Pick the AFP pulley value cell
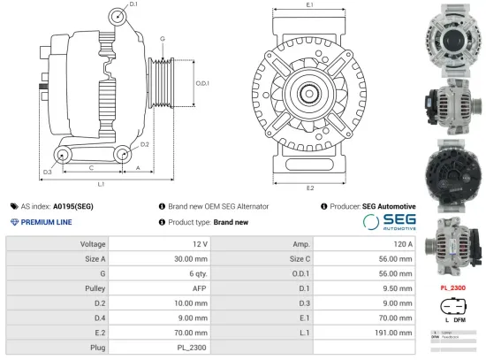tap(201, 287)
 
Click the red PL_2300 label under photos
tap(453, 287)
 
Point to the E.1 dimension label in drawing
tap(310, 6)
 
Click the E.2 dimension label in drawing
tap(310, 188)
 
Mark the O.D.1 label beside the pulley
tap(202, 83)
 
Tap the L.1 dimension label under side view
tap(101, 184)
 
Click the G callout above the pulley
tap(163, 39)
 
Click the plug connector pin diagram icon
tap(453, 309)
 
